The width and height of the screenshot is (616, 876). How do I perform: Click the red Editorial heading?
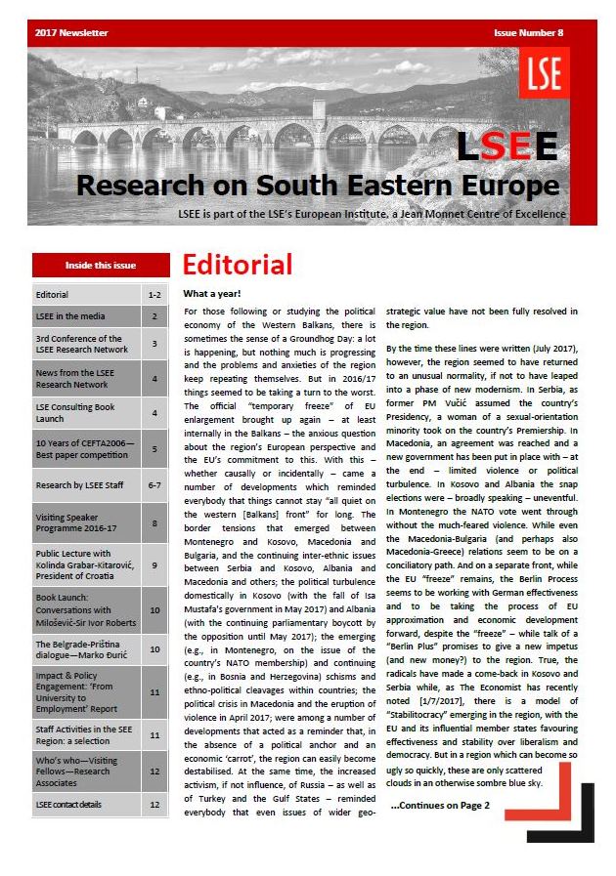[x=238, y=265]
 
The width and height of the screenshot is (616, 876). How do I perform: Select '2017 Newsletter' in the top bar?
[x=71, y=33]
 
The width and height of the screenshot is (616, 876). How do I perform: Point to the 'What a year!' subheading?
[x=212, y=294]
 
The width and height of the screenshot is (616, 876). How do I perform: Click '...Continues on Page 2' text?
[x=440, y=806]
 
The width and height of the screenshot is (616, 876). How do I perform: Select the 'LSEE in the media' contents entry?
[x=69, y=316]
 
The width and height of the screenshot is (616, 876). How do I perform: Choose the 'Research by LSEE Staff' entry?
[x=77, y=485]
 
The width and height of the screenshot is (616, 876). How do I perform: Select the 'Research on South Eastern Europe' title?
[x=317, y=184]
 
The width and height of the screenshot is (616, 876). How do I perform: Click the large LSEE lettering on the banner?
[x=507, y=146]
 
